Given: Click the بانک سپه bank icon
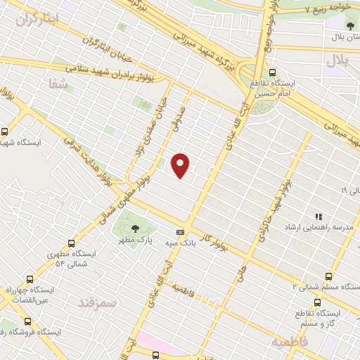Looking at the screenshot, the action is click(x=180, y=232).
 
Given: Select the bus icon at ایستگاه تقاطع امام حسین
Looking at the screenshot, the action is click(x=272, y=72).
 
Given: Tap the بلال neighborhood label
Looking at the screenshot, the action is click(x=337, y=60).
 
